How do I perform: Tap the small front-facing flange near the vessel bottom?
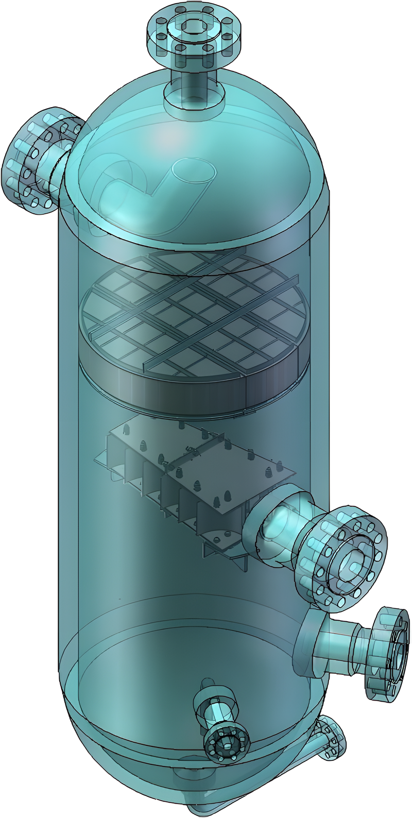(226, 744)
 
